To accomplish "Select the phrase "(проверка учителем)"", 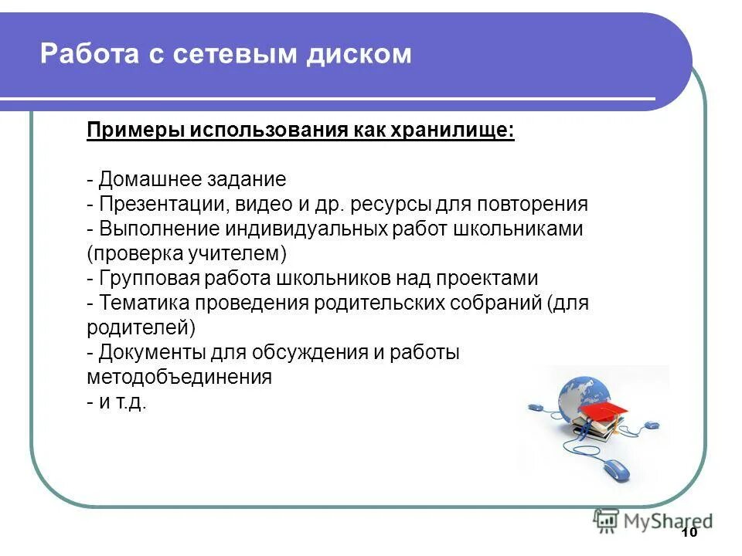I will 187,253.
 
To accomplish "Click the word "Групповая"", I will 153,278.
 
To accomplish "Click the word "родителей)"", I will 141,327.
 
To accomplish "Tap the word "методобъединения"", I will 179,377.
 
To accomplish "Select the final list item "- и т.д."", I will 117,402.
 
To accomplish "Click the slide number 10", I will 689,534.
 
